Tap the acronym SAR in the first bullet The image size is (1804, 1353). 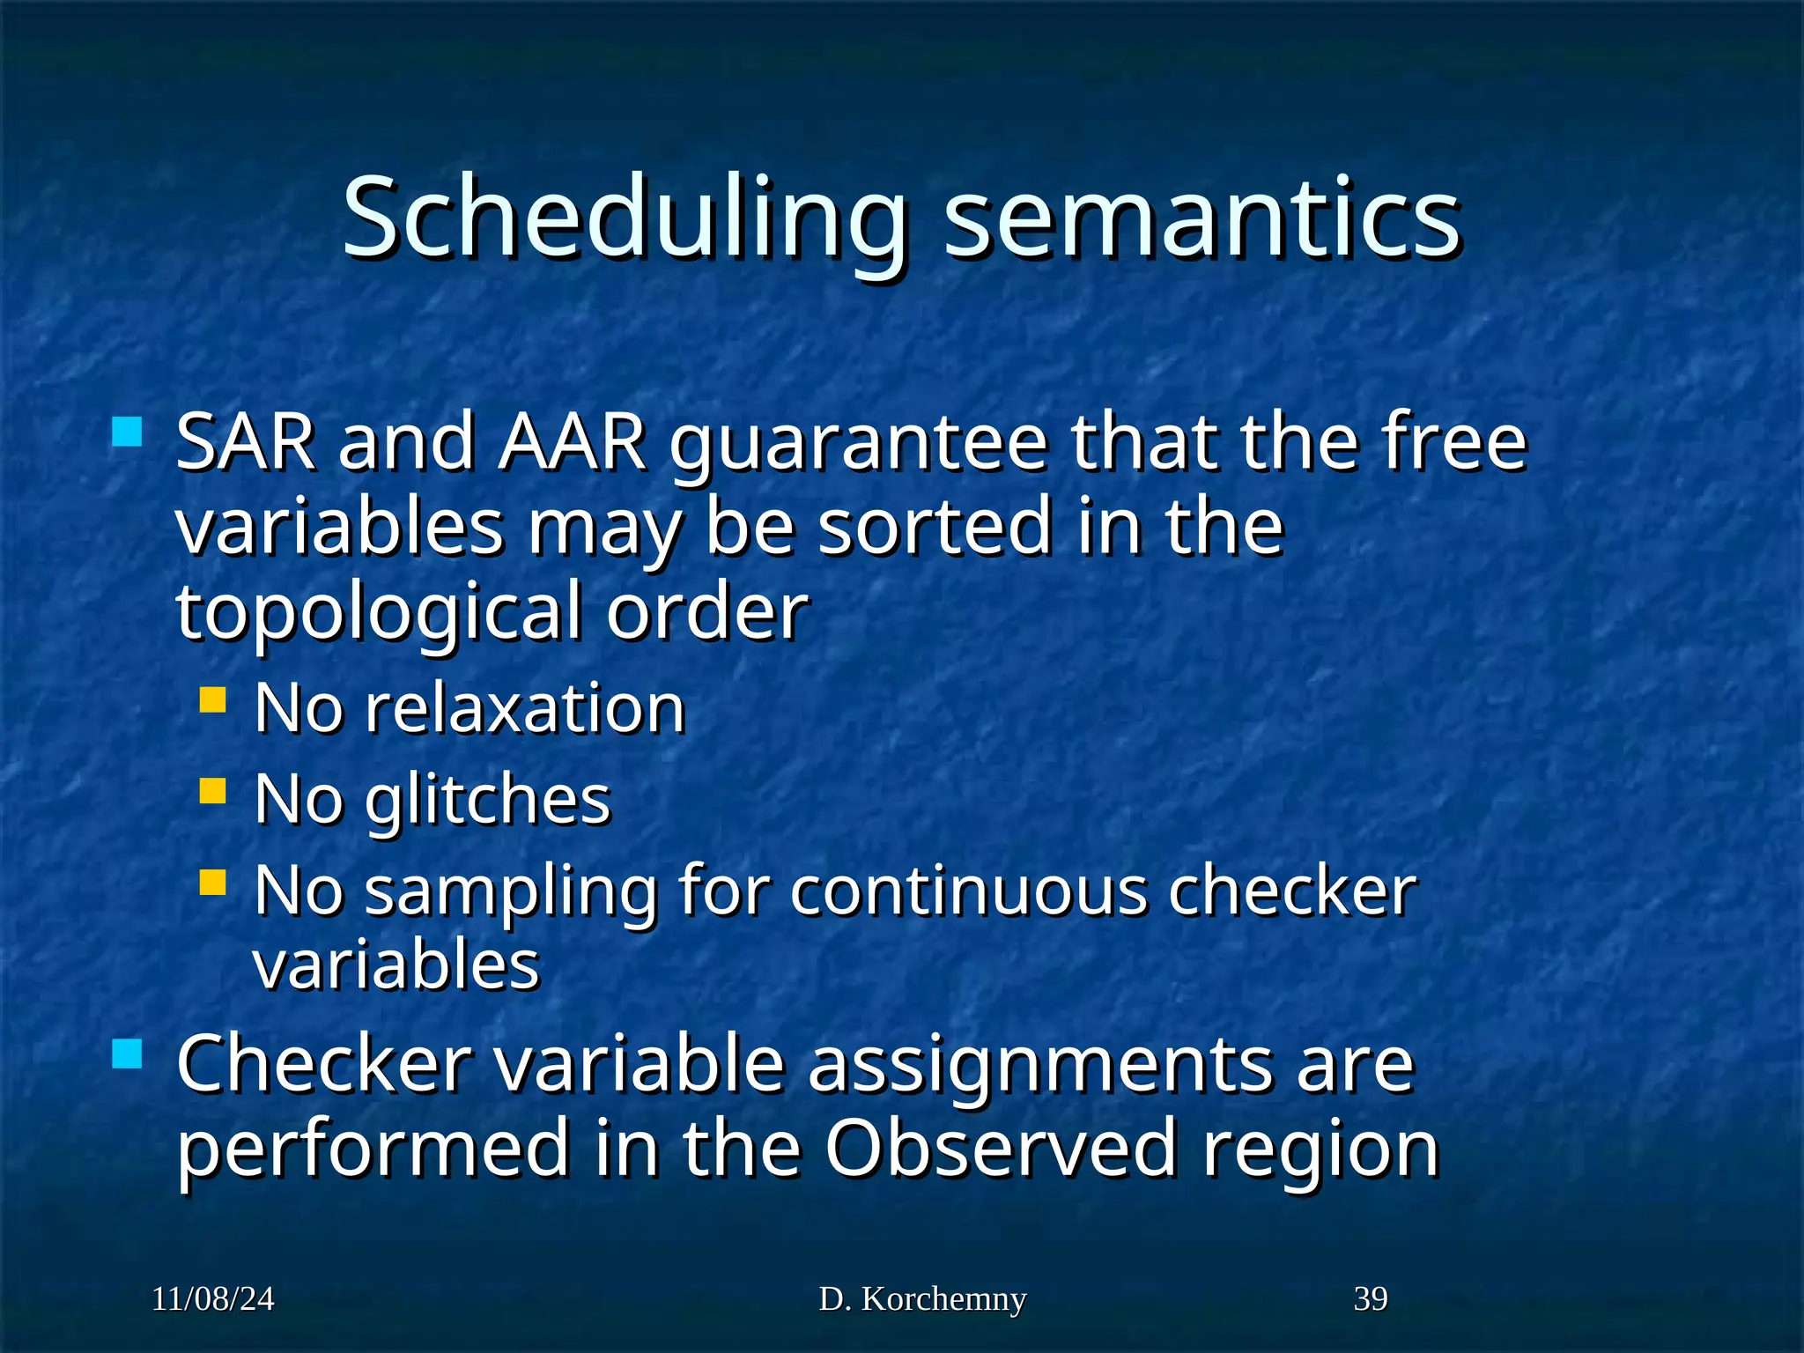[x=246, y=442]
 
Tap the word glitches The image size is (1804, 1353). [x=487, y=800]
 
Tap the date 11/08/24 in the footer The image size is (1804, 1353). [x=212, y=1299]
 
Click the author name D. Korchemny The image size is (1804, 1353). [x=922, y=1299]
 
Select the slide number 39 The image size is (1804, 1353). [x=1370, y=1299]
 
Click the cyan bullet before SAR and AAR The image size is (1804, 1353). [x=128, y=433]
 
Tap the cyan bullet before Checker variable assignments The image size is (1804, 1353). [x=128, y=1054]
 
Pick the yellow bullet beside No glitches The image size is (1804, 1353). [x=212, y=790]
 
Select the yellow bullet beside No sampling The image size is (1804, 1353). [x=212, y=882]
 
